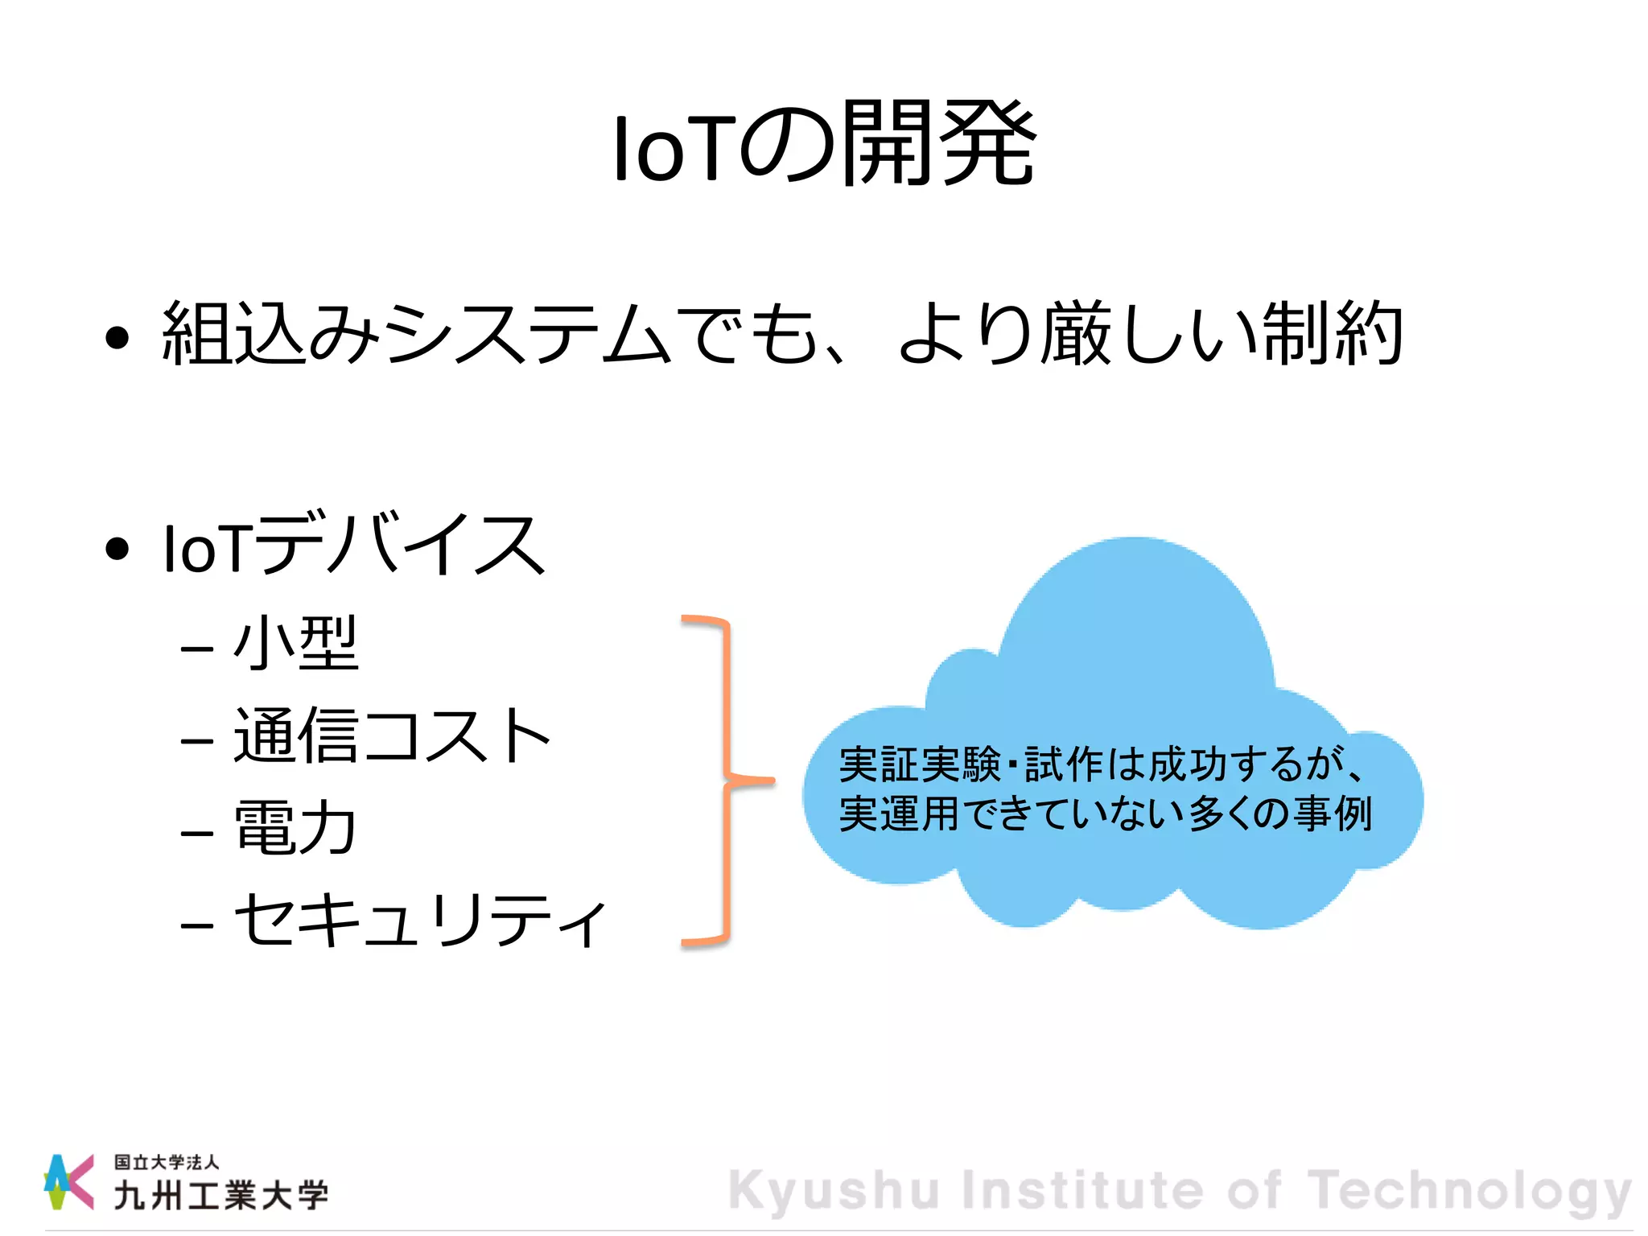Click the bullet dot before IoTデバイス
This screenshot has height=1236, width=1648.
(x=117, y=549)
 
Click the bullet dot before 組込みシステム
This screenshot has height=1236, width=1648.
(x=117, y=338)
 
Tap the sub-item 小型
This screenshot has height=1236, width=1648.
(x=295, y=644)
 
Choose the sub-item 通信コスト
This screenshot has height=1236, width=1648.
(x=392, y=735)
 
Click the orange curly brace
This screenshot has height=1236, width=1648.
(x=727, y=779)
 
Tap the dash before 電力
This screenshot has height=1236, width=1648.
(x=197, y=833)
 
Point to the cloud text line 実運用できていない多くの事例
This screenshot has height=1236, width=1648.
(x=1105, y=814)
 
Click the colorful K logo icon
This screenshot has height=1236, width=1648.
(x=68, y=1181)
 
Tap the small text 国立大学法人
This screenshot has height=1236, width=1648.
(x=166, y=1162)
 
